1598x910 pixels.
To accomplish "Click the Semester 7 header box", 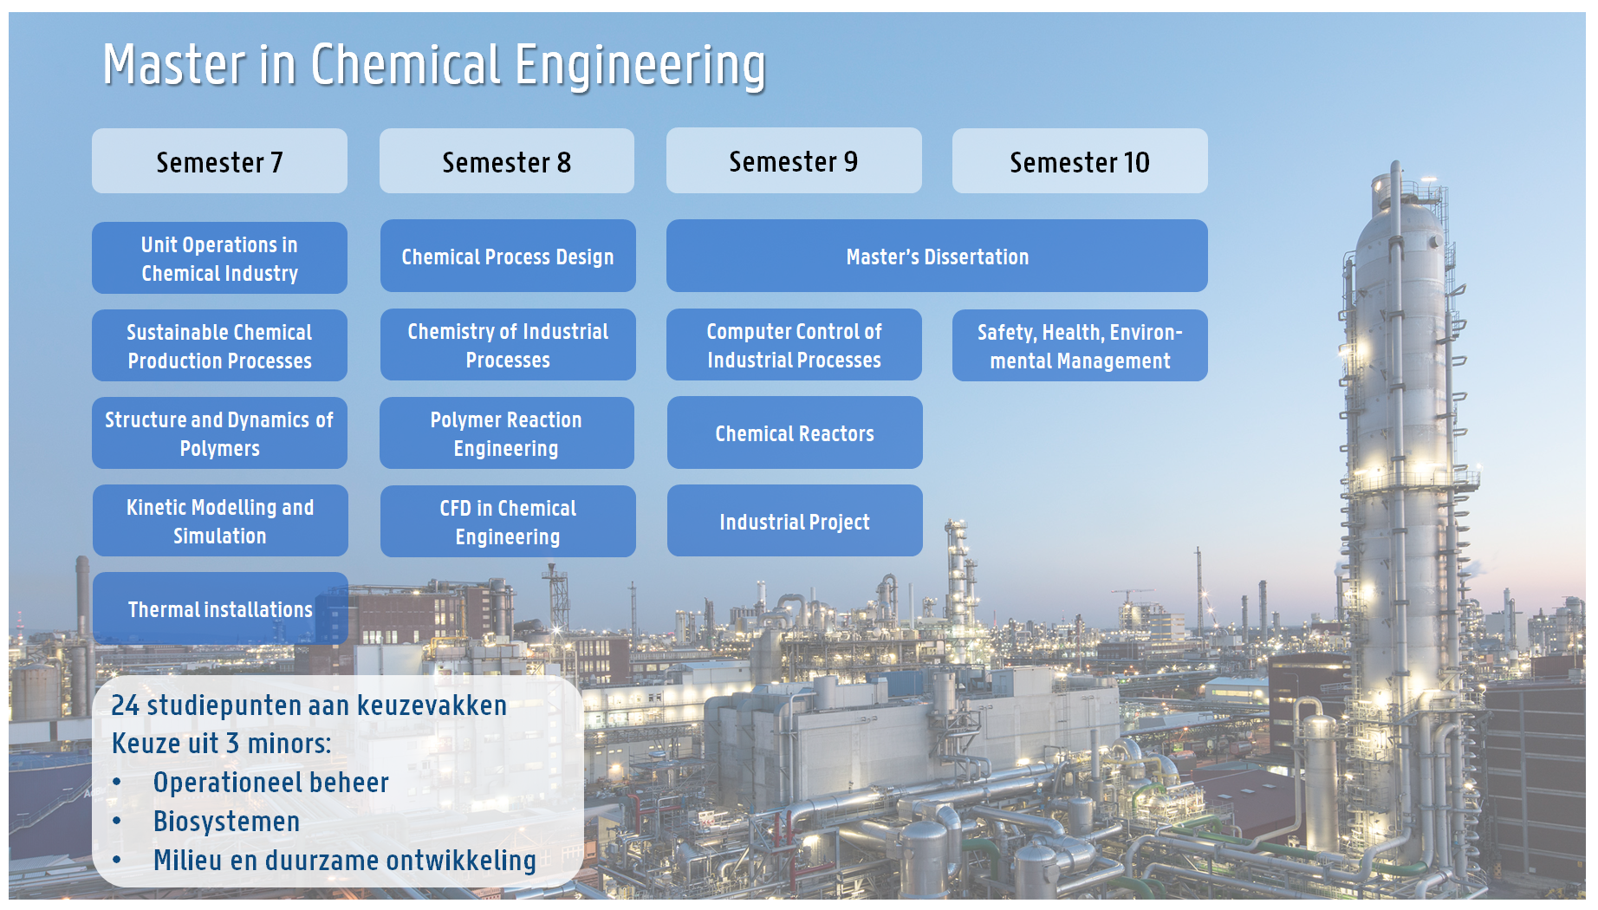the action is tap(219, 161).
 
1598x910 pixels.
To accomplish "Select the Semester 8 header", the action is tap(507, 161).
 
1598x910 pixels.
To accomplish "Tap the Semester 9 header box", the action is tap(794, 160).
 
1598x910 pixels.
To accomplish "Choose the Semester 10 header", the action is tap(1080, 161).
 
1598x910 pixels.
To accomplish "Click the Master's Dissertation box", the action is tap(937, 256).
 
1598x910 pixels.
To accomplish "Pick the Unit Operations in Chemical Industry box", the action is tap(219, 258).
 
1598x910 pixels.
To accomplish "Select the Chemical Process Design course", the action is tap(508, 256).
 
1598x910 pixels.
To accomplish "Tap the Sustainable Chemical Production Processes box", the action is tap(219, 346).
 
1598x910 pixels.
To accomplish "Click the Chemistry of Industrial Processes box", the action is tap(508, 345).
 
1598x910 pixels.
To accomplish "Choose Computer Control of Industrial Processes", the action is tap(794, 345).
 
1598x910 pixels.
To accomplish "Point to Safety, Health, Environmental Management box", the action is tap(1080, 346).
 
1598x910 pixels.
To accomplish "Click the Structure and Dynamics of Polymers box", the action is tap(219, 433).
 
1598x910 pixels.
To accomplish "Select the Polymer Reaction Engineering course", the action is tap(507, 433).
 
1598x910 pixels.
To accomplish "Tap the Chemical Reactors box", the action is tap(795, 432).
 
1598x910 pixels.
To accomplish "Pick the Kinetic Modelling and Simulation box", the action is tap(220, 521).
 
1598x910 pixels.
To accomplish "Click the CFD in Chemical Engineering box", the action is tap(508, 522).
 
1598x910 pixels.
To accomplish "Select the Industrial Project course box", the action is tap(795, 521).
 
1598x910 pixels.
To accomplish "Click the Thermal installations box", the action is tap(220, 608).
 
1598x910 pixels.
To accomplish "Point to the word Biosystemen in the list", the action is tap(226, 822).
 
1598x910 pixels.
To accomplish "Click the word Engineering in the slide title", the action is tap(640, 66).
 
